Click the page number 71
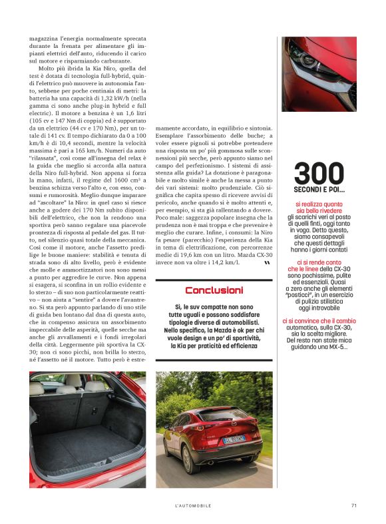pos(354,505)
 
